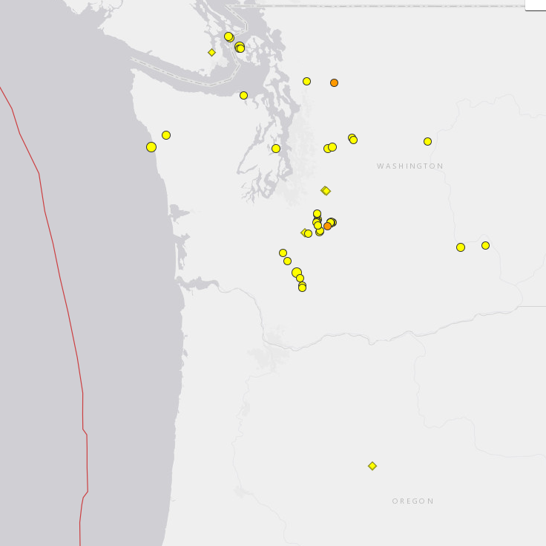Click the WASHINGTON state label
click(x=409, y=166)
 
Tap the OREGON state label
click(x=413, y=501)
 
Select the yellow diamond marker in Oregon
click(x=372, y=466)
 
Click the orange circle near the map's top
click(x=334, y=82)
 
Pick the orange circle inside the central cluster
click(x=327, y=226)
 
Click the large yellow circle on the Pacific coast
click(x=151, y=147)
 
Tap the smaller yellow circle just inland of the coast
click(x=166, y=135)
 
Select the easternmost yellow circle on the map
click(x=485, y=245)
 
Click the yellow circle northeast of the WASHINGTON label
click(x=427, y=141)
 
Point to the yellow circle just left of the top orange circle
click(x=306, y=81)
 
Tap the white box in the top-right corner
click(x=536, y=4)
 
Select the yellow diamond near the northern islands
click(x=211, y=52)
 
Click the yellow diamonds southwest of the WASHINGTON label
click(x=325, y=191)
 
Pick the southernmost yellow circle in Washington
click(x=302, y=287)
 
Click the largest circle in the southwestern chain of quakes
click(x=297, y=273)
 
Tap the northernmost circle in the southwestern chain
click(x=283, y=253)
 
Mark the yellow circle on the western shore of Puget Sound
click(x=276, y=149)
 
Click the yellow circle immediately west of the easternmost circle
click(x=461, y=247)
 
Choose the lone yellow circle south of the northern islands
click(x=243, y=95)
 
